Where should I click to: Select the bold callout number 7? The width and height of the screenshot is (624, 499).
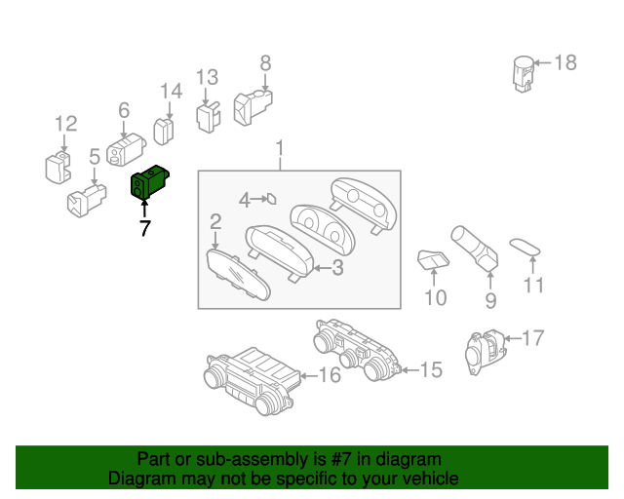144,229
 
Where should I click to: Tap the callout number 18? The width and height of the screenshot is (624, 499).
565,63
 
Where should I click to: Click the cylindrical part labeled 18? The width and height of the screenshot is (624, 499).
525,74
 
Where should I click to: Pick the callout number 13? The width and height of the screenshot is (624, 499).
207,78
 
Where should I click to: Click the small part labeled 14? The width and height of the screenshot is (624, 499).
164,131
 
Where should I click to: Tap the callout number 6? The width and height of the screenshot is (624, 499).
124,111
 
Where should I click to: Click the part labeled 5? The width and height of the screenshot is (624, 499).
85,202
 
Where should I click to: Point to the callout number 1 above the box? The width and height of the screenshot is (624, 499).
280,149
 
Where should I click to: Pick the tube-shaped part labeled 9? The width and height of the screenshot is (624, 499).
475,249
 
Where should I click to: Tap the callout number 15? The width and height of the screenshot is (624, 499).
430,370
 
